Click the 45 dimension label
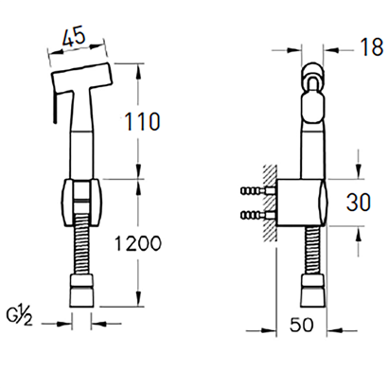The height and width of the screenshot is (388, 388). click(x=74, y=37)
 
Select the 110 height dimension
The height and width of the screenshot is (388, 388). click(x=142, y=121)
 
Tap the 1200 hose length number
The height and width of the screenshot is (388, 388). click(x=137, y=243)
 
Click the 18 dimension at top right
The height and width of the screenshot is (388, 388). click(x=372, y=47)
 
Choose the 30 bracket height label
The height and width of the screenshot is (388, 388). click(x=359, y=202)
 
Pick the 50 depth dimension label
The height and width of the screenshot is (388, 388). click(x=302, y=325)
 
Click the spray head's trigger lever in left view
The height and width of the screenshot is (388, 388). click(x=55, y=107)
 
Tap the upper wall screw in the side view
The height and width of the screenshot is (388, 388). click(x=258, y=191)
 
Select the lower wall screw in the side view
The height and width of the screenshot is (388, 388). click(x=258, y=216)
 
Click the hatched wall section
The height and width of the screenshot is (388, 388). click(x=270, y=203)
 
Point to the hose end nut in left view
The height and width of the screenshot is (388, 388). click(x=81, y=291)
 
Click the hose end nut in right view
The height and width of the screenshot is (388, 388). click(x=311, y=291)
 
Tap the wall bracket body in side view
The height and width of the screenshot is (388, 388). click(x=302, y=203)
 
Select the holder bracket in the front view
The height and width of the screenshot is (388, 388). click(x=80, y=203)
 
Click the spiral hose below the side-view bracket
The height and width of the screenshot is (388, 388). click(x=312, y=251)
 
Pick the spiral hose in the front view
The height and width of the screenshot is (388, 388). click(x=81, y=244)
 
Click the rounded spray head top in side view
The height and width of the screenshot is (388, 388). click(x=313, y=78)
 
